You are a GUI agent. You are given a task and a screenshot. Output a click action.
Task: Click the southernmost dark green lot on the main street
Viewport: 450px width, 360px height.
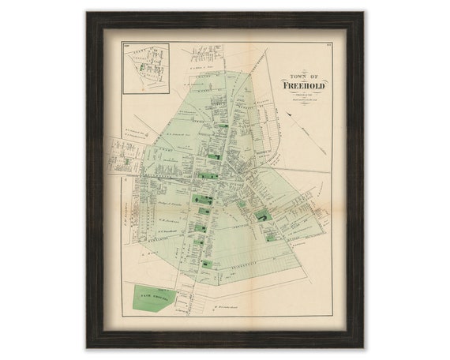(x=207, y=265)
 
